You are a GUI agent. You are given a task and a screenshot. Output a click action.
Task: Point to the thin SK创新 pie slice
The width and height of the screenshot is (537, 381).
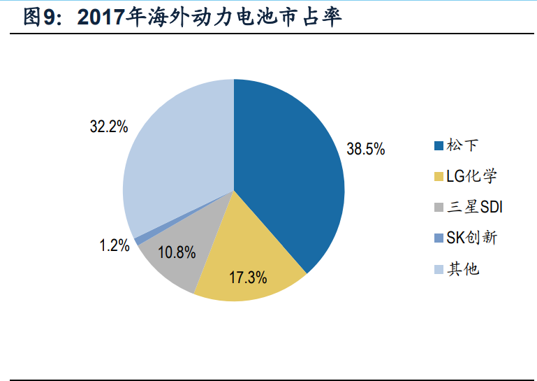pyautogui.click(x=139, y=240)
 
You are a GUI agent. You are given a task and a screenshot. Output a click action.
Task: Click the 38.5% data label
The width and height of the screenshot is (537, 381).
pyautogui.click(x=365, y=149)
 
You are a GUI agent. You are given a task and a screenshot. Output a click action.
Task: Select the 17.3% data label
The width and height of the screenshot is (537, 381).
pyautogui.click(x=249, y=277)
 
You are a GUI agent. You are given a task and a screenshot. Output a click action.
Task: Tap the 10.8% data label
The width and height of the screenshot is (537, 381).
pyautogui.click(x=177, y=253)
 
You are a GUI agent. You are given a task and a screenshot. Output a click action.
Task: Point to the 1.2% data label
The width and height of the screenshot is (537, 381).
pyautogui.click(x=115, y=245)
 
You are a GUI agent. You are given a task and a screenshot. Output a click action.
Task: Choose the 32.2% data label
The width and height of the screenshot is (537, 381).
pyautogui.click(x=109, y=127)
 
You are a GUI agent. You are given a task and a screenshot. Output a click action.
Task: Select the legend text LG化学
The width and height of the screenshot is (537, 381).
pyautogui.click(x=471, y=175)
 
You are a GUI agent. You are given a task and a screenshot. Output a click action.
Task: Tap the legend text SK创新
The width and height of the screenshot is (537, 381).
pyautogui.click(x=471, y=237)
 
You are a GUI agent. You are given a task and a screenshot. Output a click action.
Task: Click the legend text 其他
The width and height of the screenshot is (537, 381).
pyautogui.click(x=462, y=268)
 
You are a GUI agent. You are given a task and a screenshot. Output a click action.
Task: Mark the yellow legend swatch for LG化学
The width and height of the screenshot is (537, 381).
pyautogui.click(x=439, y=176)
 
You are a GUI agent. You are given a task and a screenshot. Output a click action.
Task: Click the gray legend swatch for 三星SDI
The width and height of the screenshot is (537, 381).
pyautogui.click(x=439, y=207)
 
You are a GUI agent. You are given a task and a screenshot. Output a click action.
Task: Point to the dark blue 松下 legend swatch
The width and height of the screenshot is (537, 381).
pyautogui.click(x=439, y=145)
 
